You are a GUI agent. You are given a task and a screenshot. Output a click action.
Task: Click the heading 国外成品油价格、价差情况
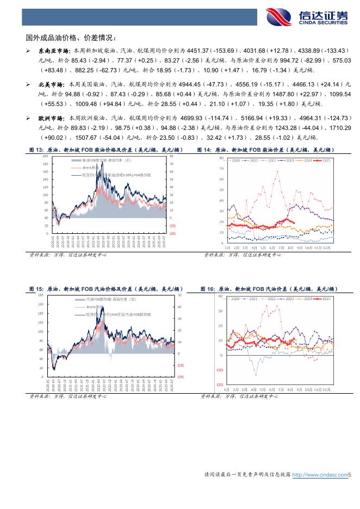[x=71, y=38]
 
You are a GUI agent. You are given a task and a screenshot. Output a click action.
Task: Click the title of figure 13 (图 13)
[x=105, y=150]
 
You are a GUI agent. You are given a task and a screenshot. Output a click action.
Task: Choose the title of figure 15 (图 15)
[x=105, y=289]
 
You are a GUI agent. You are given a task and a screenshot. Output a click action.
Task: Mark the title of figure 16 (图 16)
[x=269, y=289]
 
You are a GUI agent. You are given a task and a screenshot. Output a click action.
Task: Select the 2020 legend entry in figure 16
[x=235, y=299]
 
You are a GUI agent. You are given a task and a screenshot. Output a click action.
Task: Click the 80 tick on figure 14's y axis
[x=222, y=158]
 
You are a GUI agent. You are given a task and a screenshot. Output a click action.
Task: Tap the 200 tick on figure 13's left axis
[x=45, y=156]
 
